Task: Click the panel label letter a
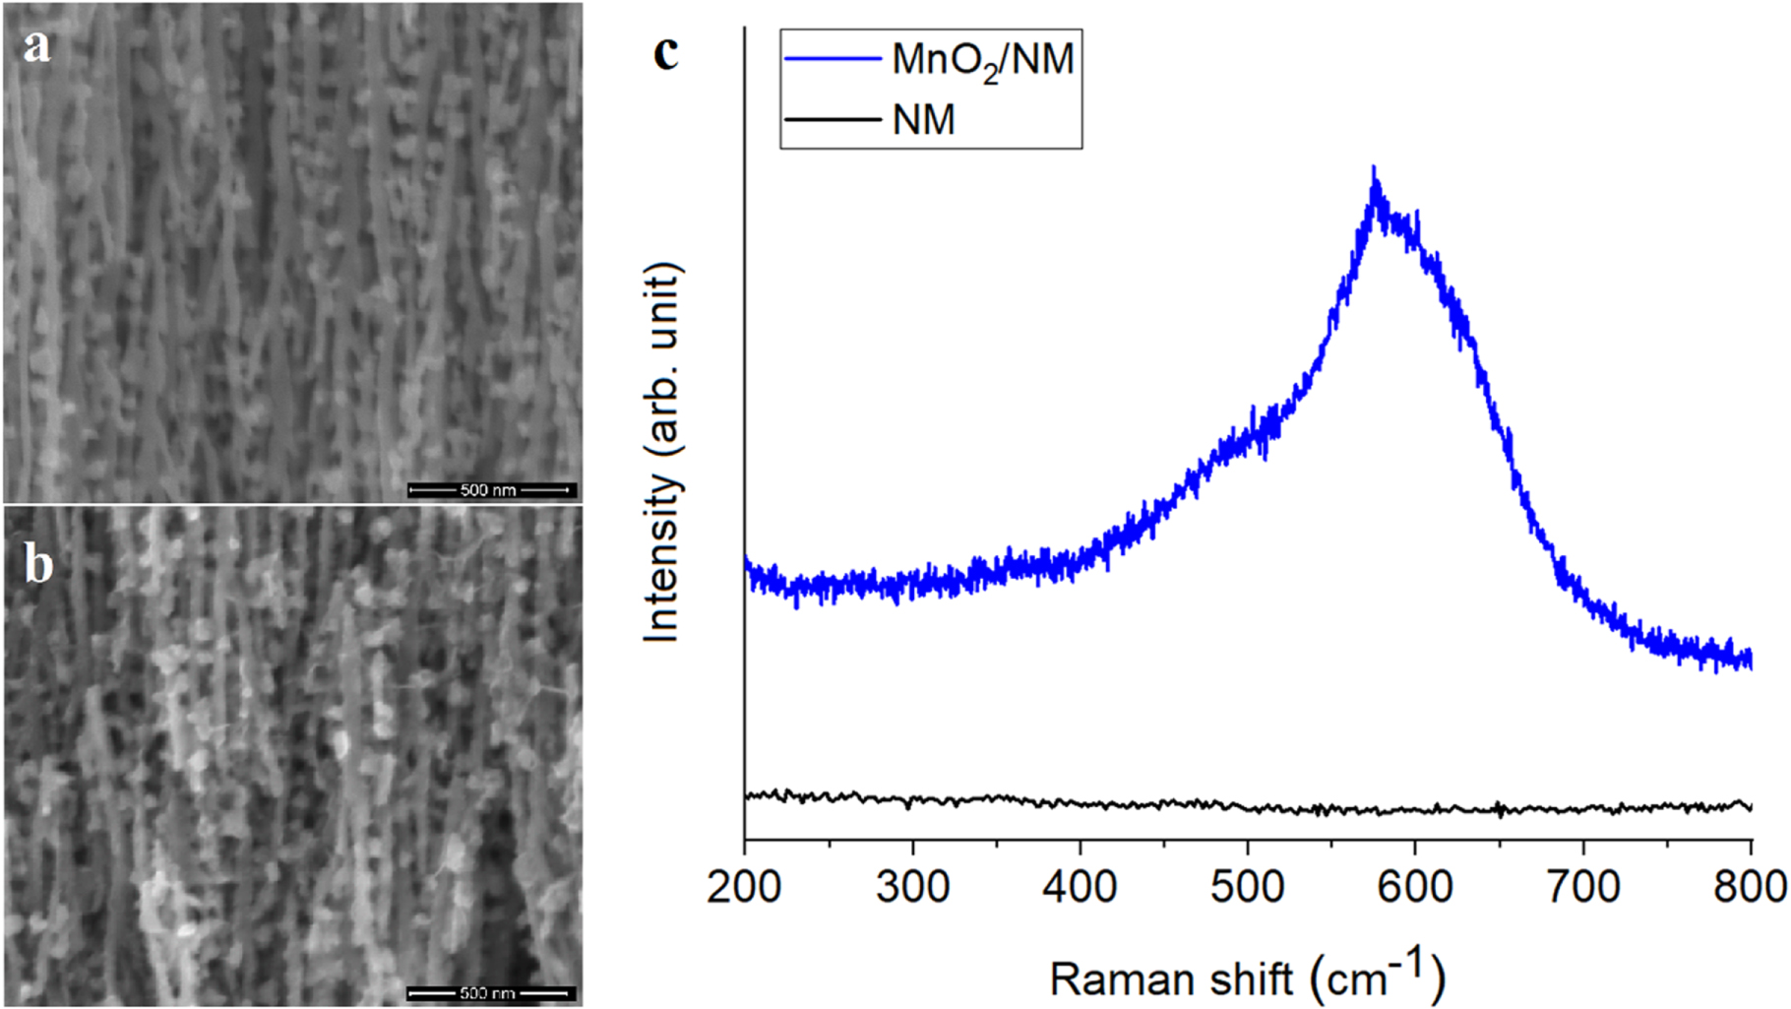pos(36,45)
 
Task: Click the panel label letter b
pos(38,564)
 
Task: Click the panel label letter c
pos(666,52)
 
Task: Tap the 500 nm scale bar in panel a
pos(491,489)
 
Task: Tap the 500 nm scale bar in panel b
pos(491,992)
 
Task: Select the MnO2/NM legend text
pos(982,61)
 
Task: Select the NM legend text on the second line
pos(923,120)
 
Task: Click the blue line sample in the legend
pos(832,59)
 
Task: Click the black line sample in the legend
pos(832,120)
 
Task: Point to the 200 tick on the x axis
pos(744,887)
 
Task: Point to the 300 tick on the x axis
pos(912,887)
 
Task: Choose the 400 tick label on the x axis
pos(1080,887)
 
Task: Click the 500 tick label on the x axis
pos(1247,887)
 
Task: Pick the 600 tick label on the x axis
pos(1415,887)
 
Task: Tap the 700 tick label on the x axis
pos(1582,887)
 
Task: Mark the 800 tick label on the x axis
pos(1750,887)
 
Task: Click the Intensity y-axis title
pos(662,453)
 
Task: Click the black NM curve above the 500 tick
pos(1247,808)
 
